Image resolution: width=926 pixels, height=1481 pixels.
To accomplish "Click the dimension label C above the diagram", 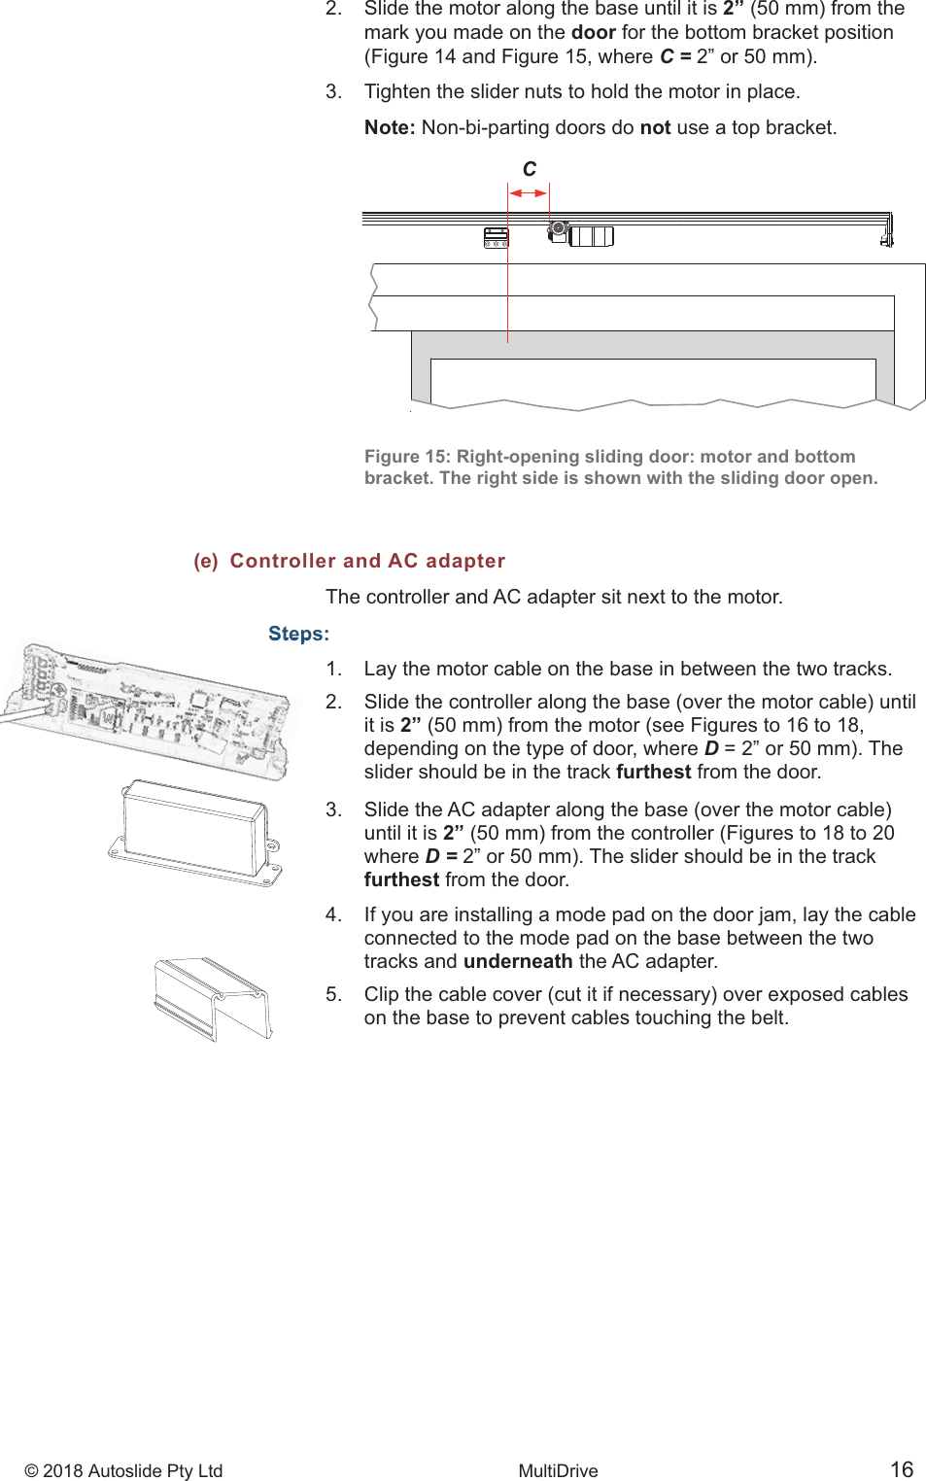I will (530, 169).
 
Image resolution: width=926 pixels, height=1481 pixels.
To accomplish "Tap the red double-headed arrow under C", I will (528, 193).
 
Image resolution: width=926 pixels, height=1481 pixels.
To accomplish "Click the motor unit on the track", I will (581, 235).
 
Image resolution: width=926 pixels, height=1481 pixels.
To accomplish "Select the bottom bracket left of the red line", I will (496, 237).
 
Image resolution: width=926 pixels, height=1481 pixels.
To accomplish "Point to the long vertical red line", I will (507, 292).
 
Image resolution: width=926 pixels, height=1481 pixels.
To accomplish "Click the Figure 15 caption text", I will (620, 467).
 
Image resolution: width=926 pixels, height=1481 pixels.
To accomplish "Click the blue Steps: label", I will (298, 634).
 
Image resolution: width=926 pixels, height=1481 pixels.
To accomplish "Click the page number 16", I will (902, 1468).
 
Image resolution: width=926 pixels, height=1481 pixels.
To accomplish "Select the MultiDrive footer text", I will (558, 1470).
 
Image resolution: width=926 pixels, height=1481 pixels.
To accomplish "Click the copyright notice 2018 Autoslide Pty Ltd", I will (123, 1470).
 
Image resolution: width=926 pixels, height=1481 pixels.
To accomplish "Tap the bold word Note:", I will (390, 127).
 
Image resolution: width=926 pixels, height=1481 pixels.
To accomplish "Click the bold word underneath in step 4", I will (518, 961).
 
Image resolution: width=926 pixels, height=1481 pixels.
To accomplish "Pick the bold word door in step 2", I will (593, 32).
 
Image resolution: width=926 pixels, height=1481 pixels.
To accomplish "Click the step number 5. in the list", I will (333, 994).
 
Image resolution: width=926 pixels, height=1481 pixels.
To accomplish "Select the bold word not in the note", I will (655, 127).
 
